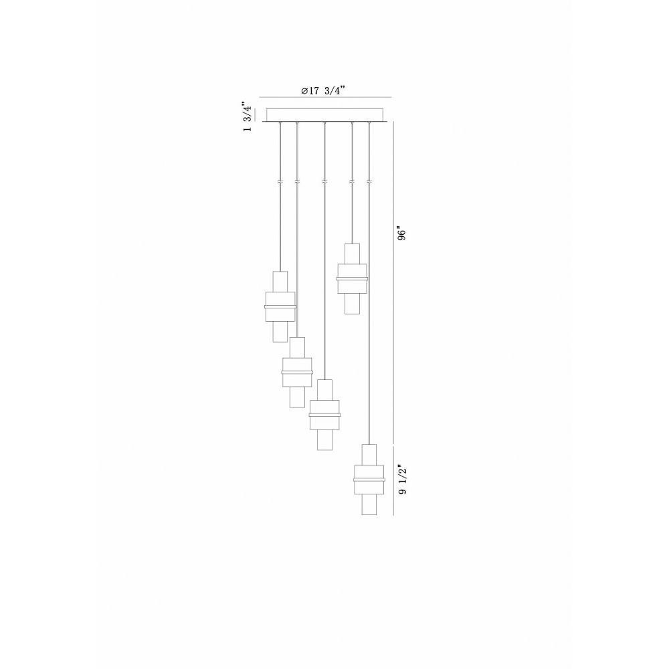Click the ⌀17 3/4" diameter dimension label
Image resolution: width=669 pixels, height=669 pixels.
click(323, 91)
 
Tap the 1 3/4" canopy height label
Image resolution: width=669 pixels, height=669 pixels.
click(247, 116)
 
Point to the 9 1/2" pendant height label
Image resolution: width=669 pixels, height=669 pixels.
click(402, 479)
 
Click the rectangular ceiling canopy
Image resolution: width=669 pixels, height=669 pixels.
click(325, 115)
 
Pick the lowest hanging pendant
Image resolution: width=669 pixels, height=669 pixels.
click(369, 480)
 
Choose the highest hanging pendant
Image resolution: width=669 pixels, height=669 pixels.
click(352, 278)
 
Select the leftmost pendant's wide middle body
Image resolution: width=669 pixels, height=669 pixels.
click(280, 307)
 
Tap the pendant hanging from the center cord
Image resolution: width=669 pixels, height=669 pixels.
click(324, 415)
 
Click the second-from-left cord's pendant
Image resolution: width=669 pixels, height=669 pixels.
click(297, 373)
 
